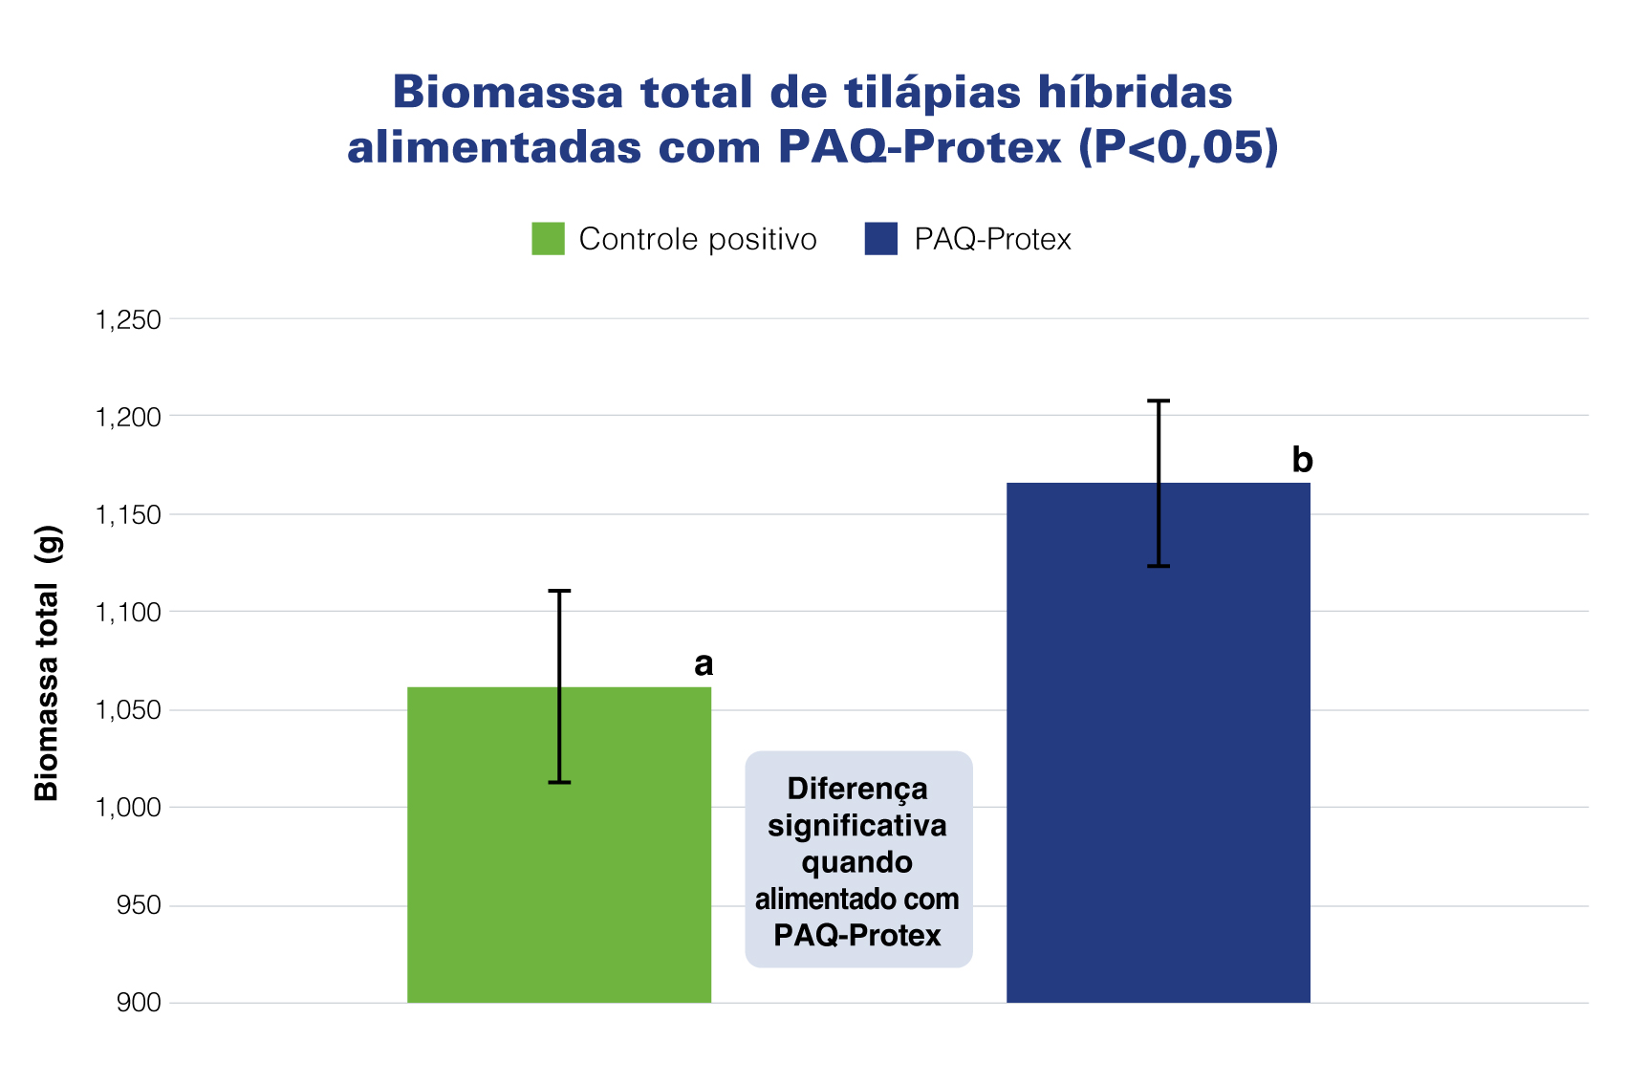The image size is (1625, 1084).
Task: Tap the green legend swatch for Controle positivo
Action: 548,239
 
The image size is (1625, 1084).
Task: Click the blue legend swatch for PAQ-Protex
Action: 880,239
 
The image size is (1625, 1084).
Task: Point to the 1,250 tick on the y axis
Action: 127,319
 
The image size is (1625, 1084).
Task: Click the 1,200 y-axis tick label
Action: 127,417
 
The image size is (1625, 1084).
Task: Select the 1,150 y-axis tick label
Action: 127,515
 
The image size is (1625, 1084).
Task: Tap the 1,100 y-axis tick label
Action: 127,613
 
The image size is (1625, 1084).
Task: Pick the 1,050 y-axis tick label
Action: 127,710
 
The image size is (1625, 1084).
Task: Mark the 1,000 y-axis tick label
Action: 127,808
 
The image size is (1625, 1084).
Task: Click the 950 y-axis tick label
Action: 138,905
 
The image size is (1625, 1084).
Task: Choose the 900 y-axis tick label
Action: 138,1003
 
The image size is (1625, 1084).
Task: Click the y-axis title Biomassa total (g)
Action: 47,662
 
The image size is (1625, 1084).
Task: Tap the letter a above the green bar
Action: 704,663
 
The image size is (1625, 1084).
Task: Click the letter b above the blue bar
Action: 1302,460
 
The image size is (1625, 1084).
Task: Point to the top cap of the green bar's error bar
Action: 559,591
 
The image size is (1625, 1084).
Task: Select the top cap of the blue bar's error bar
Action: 1159,401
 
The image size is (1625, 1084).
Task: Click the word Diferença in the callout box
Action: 857,790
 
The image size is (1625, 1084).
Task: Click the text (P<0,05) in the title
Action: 1179,147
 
